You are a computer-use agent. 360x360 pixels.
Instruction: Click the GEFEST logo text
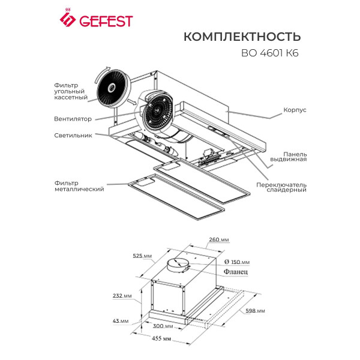coord(103,22)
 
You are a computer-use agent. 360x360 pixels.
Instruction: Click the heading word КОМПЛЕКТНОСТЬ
coord(242,37)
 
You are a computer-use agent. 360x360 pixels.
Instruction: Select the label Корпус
coord(295,111)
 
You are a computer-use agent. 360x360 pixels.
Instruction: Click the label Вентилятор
coord(72,119)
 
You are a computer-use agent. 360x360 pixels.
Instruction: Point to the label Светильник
coord(73,136)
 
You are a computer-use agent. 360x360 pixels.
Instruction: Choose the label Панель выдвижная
coord(295,157)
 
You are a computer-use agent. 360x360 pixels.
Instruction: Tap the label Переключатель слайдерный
coord(281,187)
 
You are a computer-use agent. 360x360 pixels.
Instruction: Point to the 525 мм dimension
coord(142,256)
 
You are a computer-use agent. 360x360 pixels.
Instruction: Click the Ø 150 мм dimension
coord(236,262)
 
